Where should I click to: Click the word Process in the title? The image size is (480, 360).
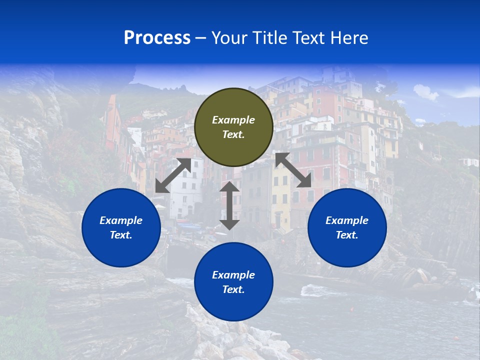(x=157, y=38)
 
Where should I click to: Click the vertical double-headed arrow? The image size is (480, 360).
(x=229, y=205)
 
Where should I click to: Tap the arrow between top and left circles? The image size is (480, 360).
(x=173, y=175)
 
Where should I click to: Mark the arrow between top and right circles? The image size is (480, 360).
(x=293, y=170)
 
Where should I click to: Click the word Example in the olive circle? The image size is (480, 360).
(x=233, y=120)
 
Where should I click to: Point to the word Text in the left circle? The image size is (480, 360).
(x=120, y=235)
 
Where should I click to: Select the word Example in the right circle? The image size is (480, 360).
(x=347, y=220)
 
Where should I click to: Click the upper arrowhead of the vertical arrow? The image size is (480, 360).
(x=229, y=187)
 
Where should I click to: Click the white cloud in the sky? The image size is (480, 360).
(x=425, y=92)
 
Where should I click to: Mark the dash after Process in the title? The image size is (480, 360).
(x=200, y=38)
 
